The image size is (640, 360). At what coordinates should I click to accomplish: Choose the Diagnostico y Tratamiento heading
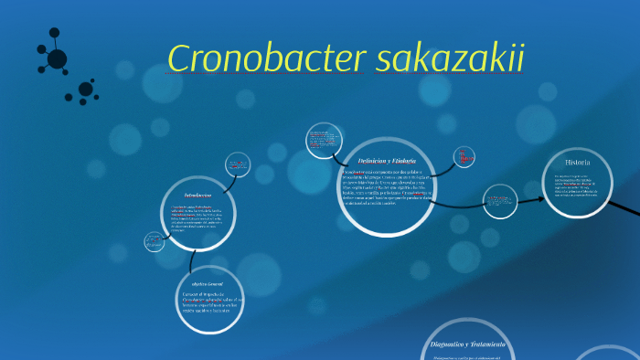pyautogui.click(x=467, y=344)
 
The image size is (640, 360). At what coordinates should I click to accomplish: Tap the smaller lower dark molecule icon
pyautogui.click(x=86, y=90)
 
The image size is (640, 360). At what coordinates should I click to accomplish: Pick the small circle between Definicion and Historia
pyautogui.click(x=500, y=198)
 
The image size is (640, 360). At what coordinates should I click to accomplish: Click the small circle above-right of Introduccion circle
pyautogui.click(x=241, y=165)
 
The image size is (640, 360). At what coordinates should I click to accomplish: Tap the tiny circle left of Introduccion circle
pyautogui.click(x=153, y=242)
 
